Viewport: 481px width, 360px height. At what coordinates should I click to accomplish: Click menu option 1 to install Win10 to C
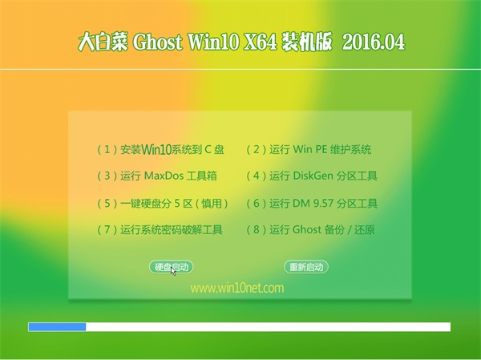[x=161, y=149]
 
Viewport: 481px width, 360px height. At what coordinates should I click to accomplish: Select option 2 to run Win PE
[x=309, y=149]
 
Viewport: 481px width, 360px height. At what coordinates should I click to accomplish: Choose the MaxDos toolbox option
[x=157, y=176]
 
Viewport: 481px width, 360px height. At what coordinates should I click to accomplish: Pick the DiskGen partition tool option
[x=312, y=176]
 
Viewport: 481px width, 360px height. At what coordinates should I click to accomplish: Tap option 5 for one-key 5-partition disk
[x=163, y=203]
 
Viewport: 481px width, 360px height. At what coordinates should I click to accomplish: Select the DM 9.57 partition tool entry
[x=312, y=203]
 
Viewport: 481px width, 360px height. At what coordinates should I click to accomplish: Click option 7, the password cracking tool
[x=160, y=229]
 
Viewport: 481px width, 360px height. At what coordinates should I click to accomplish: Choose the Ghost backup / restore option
[x=310, y=229]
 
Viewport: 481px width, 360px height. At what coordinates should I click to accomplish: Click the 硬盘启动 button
[x=172, y=267]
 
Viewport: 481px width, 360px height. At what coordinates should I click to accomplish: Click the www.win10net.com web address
[x=237, y=288]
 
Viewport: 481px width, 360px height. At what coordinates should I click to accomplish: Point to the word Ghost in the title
[x=158, y=42]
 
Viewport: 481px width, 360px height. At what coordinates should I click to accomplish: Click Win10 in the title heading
[x=213, y=42]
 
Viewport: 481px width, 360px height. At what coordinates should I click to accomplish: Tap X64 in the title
[x=260, y=42]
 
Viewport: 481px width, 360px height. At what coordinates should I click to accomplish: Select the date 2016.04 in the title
[x=374, y=42]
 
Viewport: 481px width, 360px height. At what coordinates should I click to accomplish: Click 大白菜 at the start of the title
[x=103, y=42]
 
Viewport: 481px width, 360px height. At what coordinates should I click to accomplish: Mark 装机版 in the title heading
[x=307, y=42]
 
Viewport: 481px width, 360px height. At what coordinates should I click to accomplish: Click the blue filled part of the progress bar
[x=57, y=327]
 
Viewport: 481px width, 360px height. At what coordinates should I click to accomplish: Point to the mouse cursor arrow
[x=173, y=271]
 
